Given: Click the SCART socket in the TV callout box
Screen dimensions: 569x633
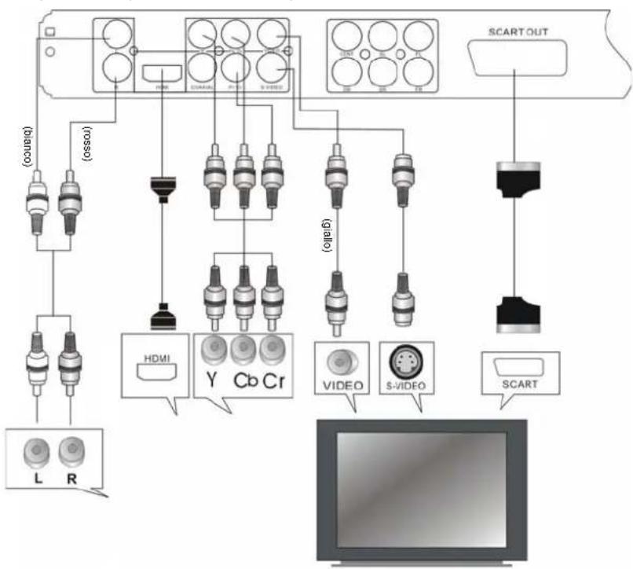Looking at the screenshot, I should pyautogui.click(x=516, y=369).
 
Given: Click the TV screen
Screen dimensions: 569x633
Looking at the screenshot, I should pyautogui.click(x=421, y=487).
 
